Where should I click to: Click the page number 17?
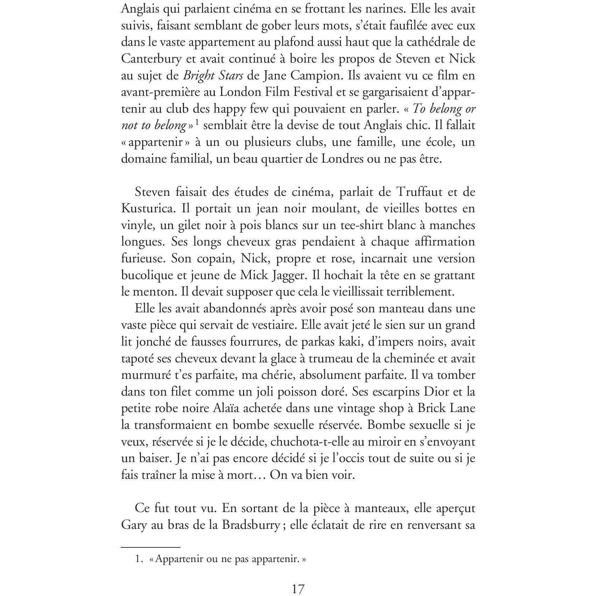(x=298, y=589)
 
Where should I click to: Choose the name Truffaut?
(x=423, y=192)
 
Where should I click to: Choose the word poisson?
(x=301, y=392)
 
